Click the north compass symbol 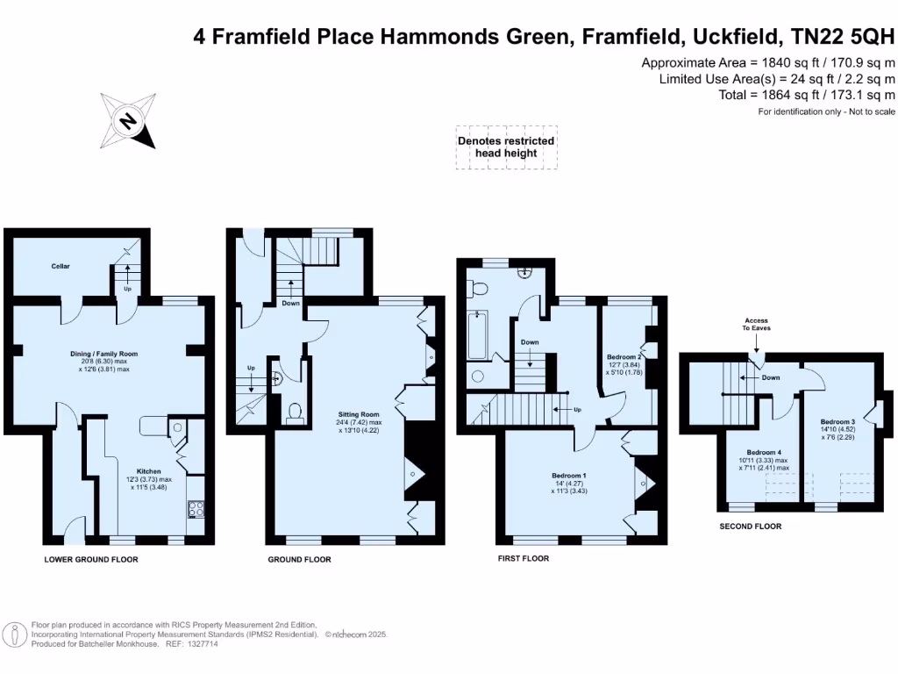(128, 120)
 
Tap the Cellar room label (61, 266)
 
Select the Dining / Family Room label (104, 355)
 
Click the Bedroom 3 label (837, 422)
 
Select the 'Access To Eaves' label (757, 326)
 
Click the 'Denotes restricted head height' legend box (506, 147)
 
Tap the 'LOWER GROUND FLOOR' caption (91, 559)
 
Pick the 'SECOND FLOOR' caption (750, 527)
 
